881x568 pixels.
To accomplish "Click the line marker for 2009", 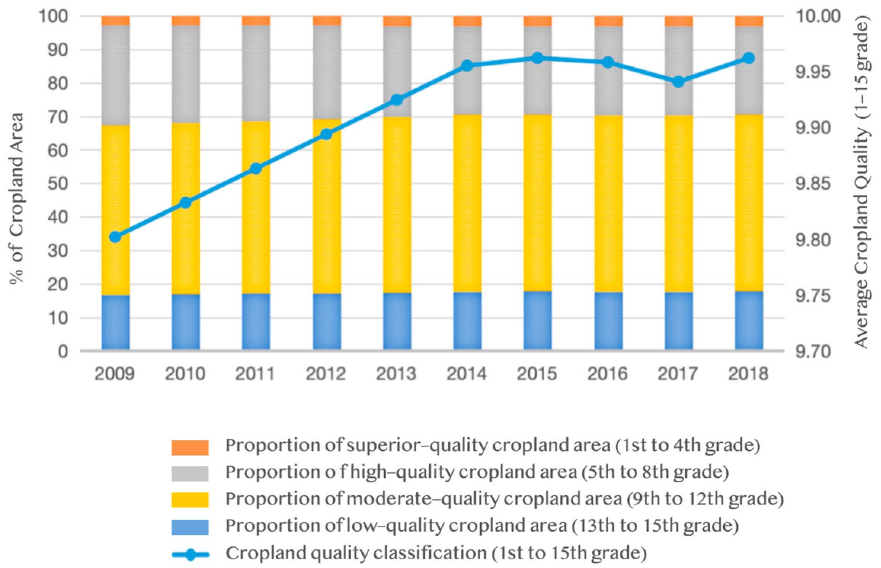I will [x=115, y=237].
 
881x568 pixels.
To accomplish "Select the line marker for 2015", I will [x=537, y=58].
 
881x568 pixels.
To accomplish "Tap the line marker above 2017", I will [x=678, y=82].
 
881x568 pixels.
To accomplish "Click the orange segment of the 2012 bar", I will [x=327, y=21].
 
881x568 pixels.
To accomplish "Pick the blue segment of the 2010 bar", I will [x=185, y=322].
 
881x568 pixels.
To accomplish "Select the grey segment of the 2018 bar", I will [x=749, y=70].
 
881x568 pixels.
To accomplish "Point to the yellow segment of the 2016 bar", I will [x=608, y=204].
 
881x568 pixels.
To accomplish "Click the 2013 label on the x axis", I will [x=396, y=374].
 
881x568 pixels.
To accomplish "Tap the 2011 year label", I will [x=255, y=374].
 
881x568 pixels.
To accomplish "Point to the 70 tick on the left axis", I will [x=58, y=117].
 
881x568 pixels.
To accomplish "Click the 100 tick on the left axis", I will [x=54, y=16].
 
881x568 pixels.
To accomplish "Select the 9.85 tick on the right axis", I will [x=813, y=184].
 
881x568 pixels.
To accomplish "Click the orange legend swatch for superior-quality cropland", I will [x=190, y=447].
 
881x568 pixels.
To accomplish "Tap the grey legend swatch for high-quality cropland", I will [x=190, y=474].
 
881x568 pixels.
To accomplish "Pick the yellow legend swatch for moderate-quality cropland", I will [x=190, y=500].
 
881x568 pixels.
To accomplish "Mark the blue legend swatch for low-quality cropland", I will [x=190, y=527].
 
